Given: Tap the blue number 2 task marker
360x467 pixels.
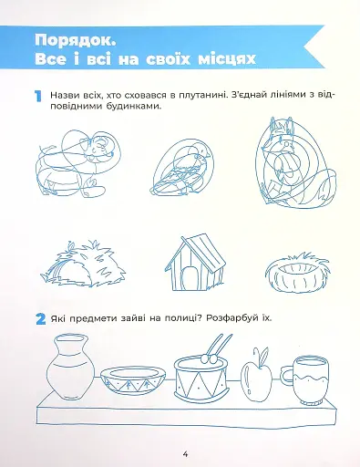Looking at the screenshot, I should point(40,321).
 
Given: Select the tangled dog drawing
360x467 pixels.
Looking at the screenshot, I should point(76,161).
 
